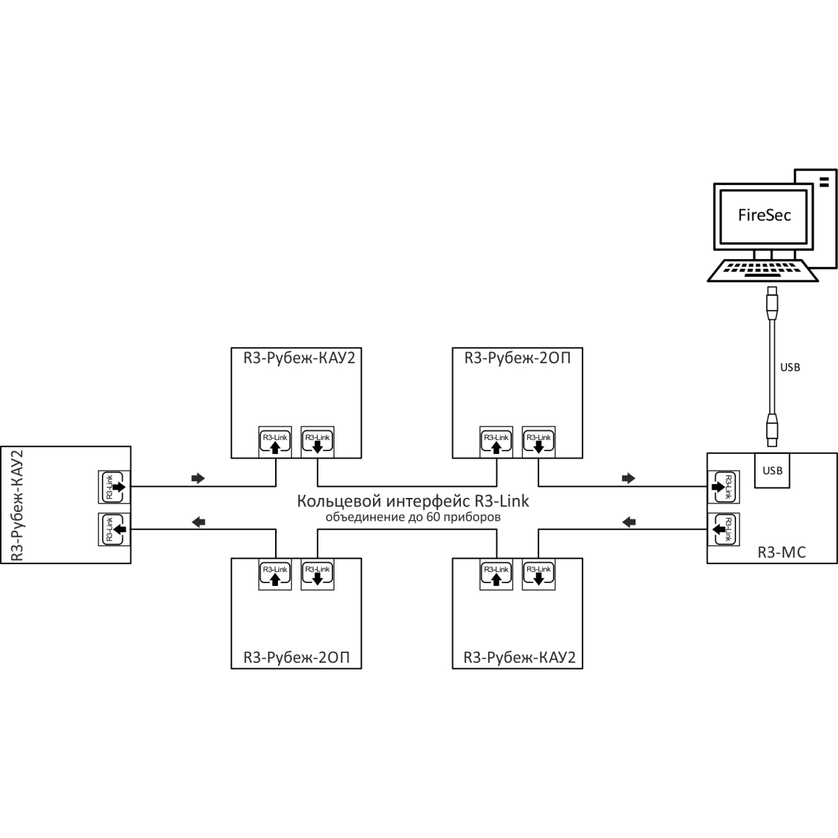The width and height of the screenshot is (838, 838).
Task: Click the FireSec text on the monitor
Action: [765, 215]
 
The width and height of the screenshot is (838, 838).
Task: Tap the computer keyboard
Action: [763, 271]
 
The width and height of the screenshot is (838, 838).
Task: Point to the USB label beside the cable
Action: [790, 367]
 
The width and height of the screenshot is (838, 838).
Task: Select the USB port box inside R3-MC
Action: [772, 470]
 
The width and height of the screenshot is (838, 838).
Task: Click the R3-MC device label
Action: [781, 553]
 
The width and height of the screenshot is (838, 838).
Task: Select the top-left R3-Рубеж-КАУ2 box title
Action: [295, 359]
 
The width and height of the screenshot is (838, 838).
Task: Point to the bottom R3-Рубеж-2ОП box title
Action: [295, 658]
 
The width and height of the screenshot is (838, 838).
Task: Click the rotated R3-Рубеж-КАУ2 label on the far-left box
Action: [18, 505]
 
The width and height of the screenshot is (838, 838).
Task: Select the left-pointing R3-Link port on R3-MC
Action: [723, 529]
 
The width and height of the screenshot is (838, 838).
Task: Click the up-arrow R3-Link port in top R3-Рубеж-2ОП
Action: [496, 442]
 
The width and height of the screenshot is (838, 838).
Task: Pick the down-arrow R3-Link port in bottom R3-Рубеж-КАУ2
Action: [538, 574]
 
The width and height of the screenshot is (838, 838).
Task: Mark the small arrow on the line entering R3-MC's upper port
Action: [628, 478]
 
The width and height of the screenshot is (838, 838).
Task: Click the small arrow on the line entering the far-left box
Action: [199, 521]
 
